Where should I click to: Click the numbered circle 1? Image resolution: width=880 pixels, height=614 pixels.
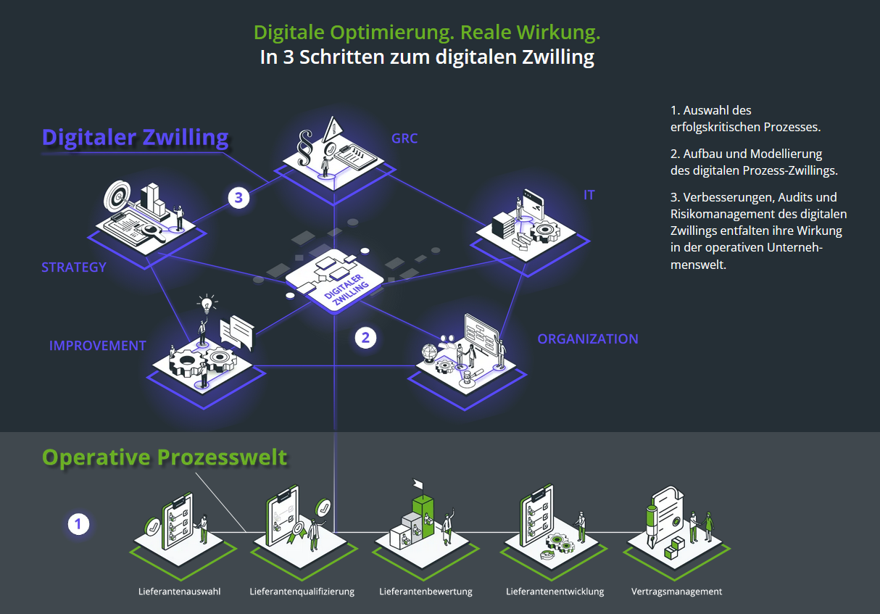[x=78, y=524]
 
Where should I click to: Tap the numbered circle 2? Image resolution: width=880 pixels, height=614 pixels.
[x=365, y=337]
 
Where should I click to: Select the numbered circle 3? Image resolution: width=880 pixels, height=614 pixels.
[x=238, y=197]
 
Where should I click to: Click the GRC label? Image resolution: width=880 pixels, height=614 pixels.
[x=404, y=138]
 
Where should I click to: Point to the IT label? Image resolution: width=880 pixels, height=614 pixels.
[x=589, y=195]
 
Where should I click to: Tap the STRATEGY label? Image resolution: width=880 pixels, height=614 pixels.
[x=74, y=267]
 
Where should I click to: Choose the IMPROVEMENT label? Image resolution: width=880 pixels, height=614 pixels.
[x=98, y=346]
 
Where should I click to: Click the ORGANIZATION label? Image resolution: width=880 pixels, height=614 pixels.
[x=588, y=339]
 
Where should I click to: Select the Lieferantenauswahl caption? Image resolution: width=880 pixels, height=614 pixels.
[x=180, y=592]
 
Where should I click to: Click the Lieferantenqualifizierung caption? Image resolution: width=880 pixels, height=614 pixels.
[x=302, y=592]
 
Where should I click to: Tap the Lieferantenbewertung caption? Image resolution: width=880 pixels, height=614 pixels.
[x=426, y=592]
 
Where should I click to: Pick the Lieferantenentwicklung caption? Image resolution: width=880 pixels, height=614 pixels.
[x=555, y=592]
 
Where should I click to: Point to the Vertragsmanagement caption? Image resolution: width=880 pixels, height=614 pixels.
[x=676, y=592]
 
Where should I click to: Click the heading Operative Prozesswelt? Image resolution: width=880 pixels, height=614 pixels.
[x=165, y=457]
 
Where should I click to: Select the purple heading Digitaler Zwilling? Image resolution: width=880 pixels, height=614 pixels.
[x=135, y=137]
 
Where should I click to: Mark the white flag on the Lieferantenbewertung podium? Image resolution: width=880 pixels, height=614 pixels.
[x=418, y=484]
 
